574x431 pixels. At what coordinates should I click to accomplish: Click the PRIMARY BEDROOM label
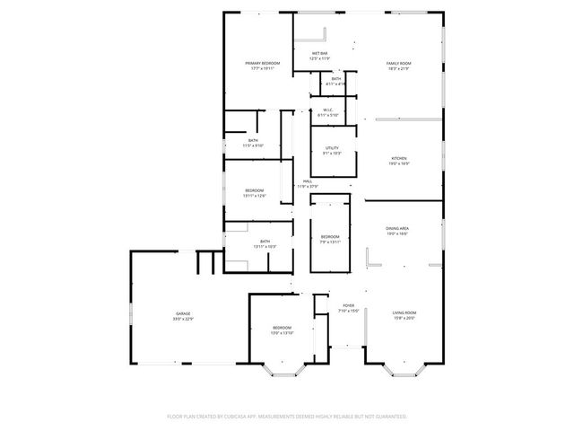263,63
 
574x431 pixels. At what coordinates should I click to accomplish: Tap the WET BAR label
319,54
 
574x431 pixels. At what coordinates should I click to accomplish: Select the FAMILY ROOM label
398,63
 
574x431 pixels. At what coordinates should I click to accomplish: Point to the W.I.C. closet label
327,110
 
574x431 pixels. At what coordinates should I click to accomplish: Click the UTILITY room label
332,149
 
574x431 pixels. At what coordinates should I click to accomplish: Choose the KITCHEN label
398,158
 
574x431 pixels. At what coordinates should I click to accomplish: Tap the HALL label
307,181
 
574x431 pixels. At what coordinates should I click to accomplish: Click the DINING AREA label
397,229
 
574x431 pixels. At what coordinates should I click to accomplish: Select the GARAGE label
183,313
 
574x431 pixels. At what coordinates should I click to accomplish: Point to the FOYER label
348,305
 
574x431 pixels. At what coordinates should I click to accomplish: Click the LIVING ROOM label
404,312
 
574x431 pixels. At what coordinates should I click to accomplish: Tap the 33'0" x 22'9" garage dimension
183,319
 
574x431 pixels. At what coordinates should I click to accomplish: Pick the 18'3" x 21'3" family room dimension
398,68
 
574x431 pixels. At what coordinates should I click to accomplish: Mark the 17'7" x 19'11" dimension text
263,68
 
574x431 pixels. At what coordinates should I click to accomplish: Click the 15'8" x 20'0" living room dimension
404,318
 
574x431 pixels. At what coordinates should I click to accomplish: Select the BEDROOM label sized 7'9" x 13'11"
330,236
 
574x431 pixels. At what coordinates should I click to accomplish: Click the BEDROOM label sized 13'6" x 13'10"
283,328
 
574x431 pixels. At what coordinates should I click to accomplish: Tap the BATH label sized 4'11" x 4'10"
335,79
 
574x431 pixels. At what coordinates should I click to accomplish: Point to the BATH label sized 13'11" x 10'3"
265,241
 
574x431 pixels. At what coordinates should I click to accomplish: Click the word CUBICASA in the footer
263,417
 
